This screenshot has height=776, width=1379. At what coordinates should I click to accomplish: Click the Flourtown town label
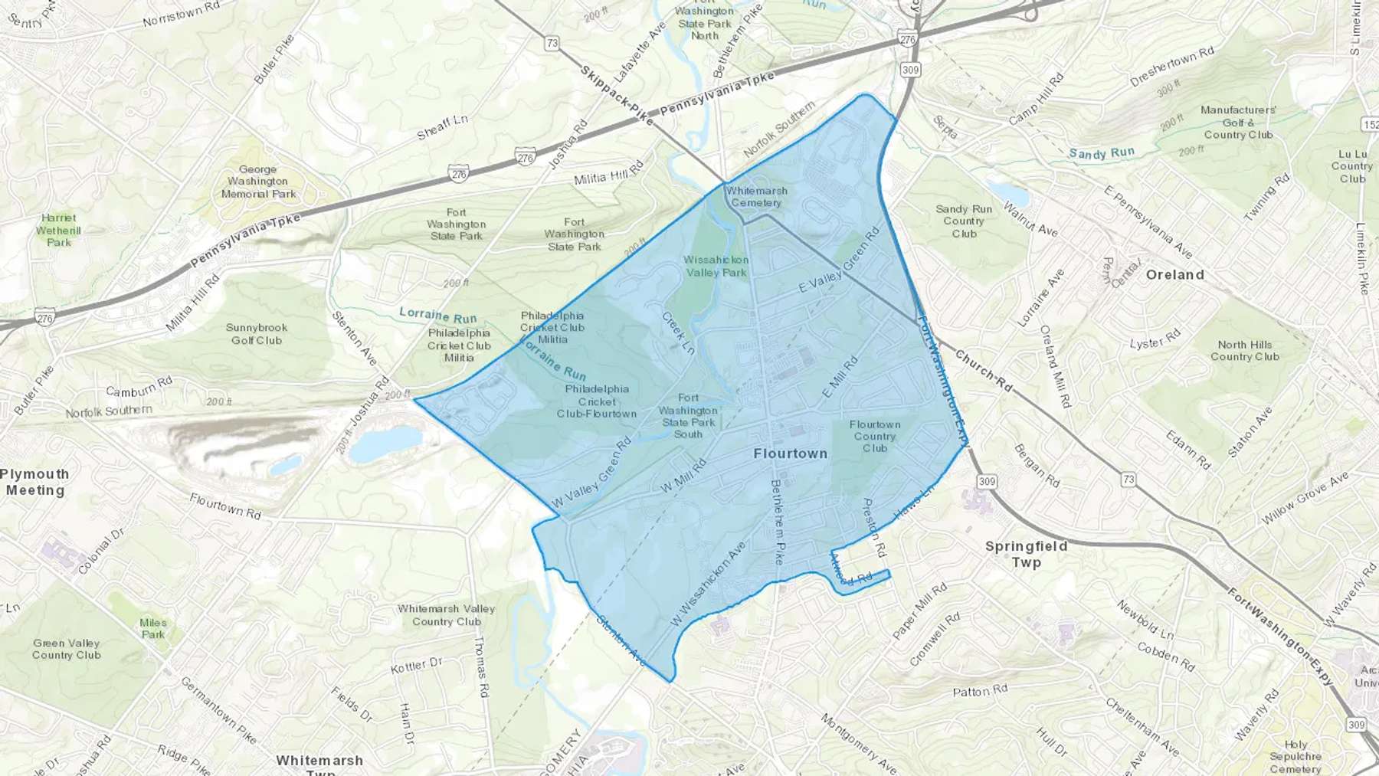coord(790,453)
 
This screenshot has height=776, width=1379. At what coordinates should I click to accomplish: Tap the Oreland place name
coord(1174,274)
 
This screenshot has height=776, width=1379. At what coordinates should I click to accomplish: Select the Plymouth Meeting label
coord(35,482)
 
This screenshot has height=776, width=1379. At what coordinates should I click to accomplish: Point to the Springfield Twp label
coord(1026,554)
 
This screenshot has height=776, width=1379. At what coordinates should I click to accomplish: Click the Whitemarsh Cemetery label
coord(756,197)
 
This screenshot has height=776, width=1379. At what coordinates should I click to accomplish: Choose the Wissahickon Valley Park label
coord(716,266)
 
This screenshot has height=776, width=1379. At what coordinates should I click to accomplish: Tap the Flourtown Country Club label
coord(875,436)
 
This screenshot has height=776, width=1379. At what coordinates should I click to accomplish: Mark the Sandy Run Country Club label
coord(963,221)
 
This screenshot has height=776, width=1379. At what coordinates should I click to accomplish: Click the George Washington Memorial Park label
coord(258,182)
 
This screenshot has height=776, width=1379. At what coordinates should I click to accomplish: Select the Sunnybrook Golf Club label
coord(257,334)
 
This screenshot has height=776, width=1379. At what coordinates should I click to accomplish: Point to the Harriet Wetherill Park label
coord(58,230)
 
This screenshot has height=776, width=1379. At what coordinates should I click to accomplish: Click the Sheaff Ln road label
coord(442,127)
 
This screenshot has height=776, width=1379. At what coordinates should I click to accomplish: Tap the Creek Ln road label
coord(678,332)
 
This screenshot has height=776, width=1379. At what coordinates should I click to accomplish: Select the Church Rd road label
coord(983,372)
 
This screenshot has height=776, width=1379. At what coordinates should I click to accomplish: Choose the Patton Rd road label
coord(980,691)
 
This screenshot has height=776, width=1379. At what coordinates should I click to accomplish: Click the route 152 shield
coord(1370,124)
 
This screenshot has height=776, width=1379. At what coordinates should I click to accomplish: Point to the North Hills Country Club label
coord(1244,350)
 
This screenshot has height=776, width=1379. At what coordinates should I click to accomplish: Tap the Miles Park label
coord(153,628)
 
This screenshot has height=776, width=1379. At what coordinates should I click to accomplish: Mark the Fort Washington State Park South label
coord(688,415)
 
